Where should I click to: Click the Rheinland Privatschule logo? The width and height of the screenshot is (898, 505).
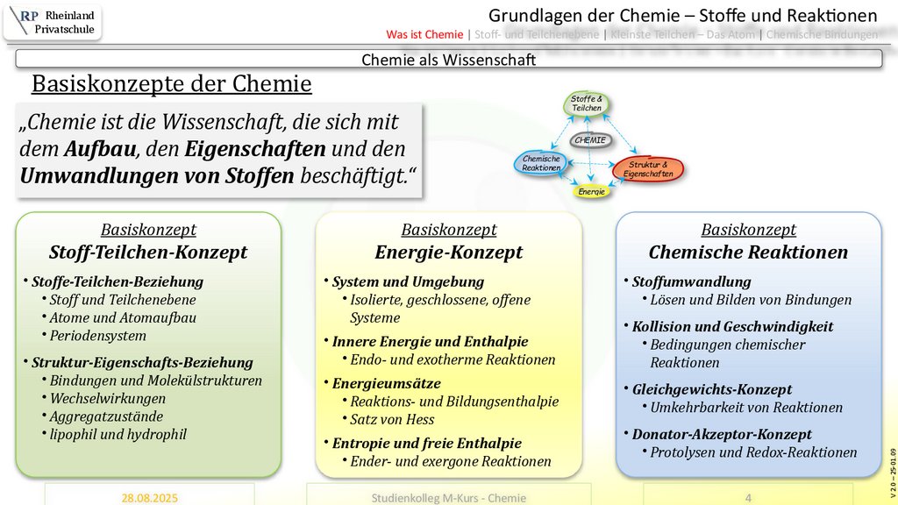click(x=53, y=22)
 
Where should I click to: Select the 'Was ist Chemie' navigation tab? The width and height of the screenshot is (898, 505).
click(x=424, y=35)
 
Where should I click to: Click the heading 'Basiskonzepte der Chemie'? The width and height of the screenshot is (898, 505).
click(x=172, y=84)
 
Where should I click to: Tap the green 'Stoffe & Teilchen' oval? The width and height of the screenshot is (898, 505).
click(x=587, y=104)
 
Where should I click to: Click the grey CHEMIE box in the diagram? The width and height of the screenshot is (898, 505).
click(x=590, y=139)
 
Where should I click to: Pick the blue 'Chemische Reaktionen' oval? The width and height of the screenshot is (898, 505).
click(x=541, y=163)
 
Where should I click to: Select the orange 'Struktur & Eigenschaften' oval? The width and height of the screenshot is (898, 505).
click(x=648, y=169)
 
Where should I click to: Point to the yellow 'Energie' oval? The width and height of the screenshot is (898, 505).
click(x=591, y=191)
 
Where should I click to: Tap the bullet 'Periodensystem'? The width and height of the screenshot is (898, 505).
click(x=98, y=336)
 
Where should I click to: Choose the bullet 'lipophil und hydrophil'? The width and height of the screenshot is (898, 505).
click(x=118, y=434)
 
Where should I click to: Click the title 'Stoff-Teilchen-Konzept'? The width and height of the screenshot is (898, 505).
click(x=148, y=252)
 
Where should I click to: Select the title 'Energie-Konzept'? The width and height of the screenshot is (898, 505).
click(x=448, y=252)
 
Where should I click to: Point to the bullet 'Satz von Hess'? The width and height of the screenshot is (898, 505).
click(x=393, y=419)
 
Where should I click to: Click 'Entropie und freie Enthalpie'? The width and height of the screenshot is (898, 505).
click(x=426, y=444)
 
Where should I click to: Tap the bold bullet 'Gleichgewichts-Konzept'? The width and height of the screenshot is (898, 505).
click(x=711, y=389)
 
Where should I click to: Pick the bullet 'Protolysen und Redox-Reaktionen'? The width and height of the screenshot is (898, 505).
click(x=753, y=452)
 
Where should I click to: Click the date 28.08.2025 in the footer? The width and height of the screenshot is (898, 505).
click(x=149, y=497)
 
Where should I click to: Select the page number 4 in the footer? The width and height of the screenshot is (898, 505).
click(x=748, y=497)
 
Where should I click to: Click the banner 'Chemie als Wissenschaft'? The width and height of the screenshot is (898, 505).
click(x=448, y=60)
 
